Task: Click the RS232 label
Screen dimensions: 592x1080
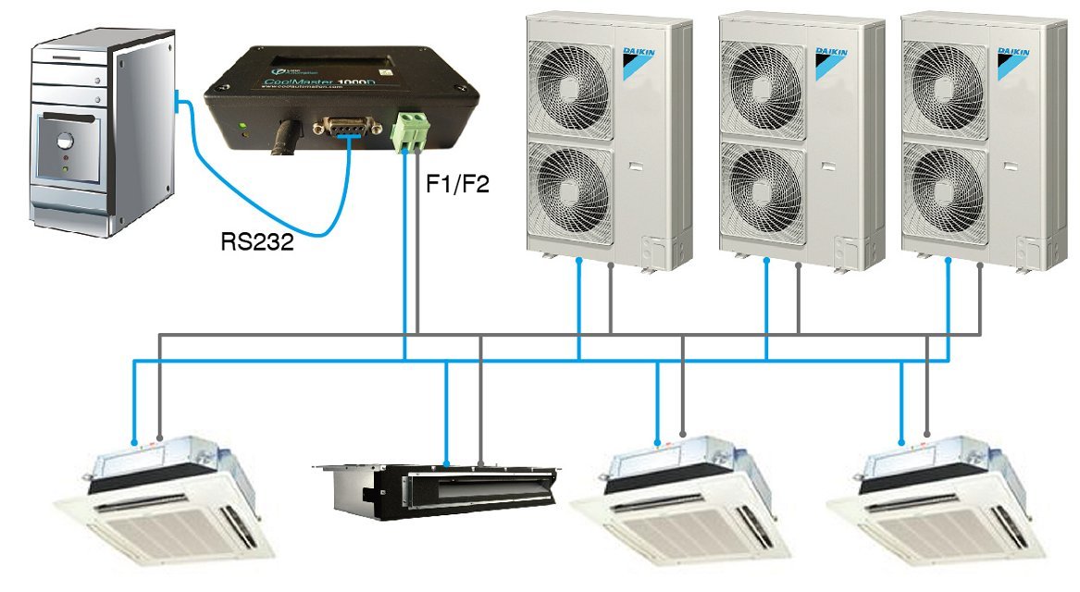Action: pyautogui.click(x=257, y=242)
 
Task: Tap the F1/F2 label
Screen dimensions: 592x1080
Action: pyautogui.click(x=456, y=183)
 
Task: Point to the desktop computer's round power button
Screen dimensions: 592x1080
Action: pyautogui.click(x=64, y=142)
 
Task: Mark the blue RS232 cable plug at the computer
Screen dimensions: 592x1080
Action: pyautogui.click(x=178, y=97)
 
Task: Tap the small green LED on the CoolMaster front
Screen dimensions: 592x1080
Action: pyautogui.click(x=242, y=125)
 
